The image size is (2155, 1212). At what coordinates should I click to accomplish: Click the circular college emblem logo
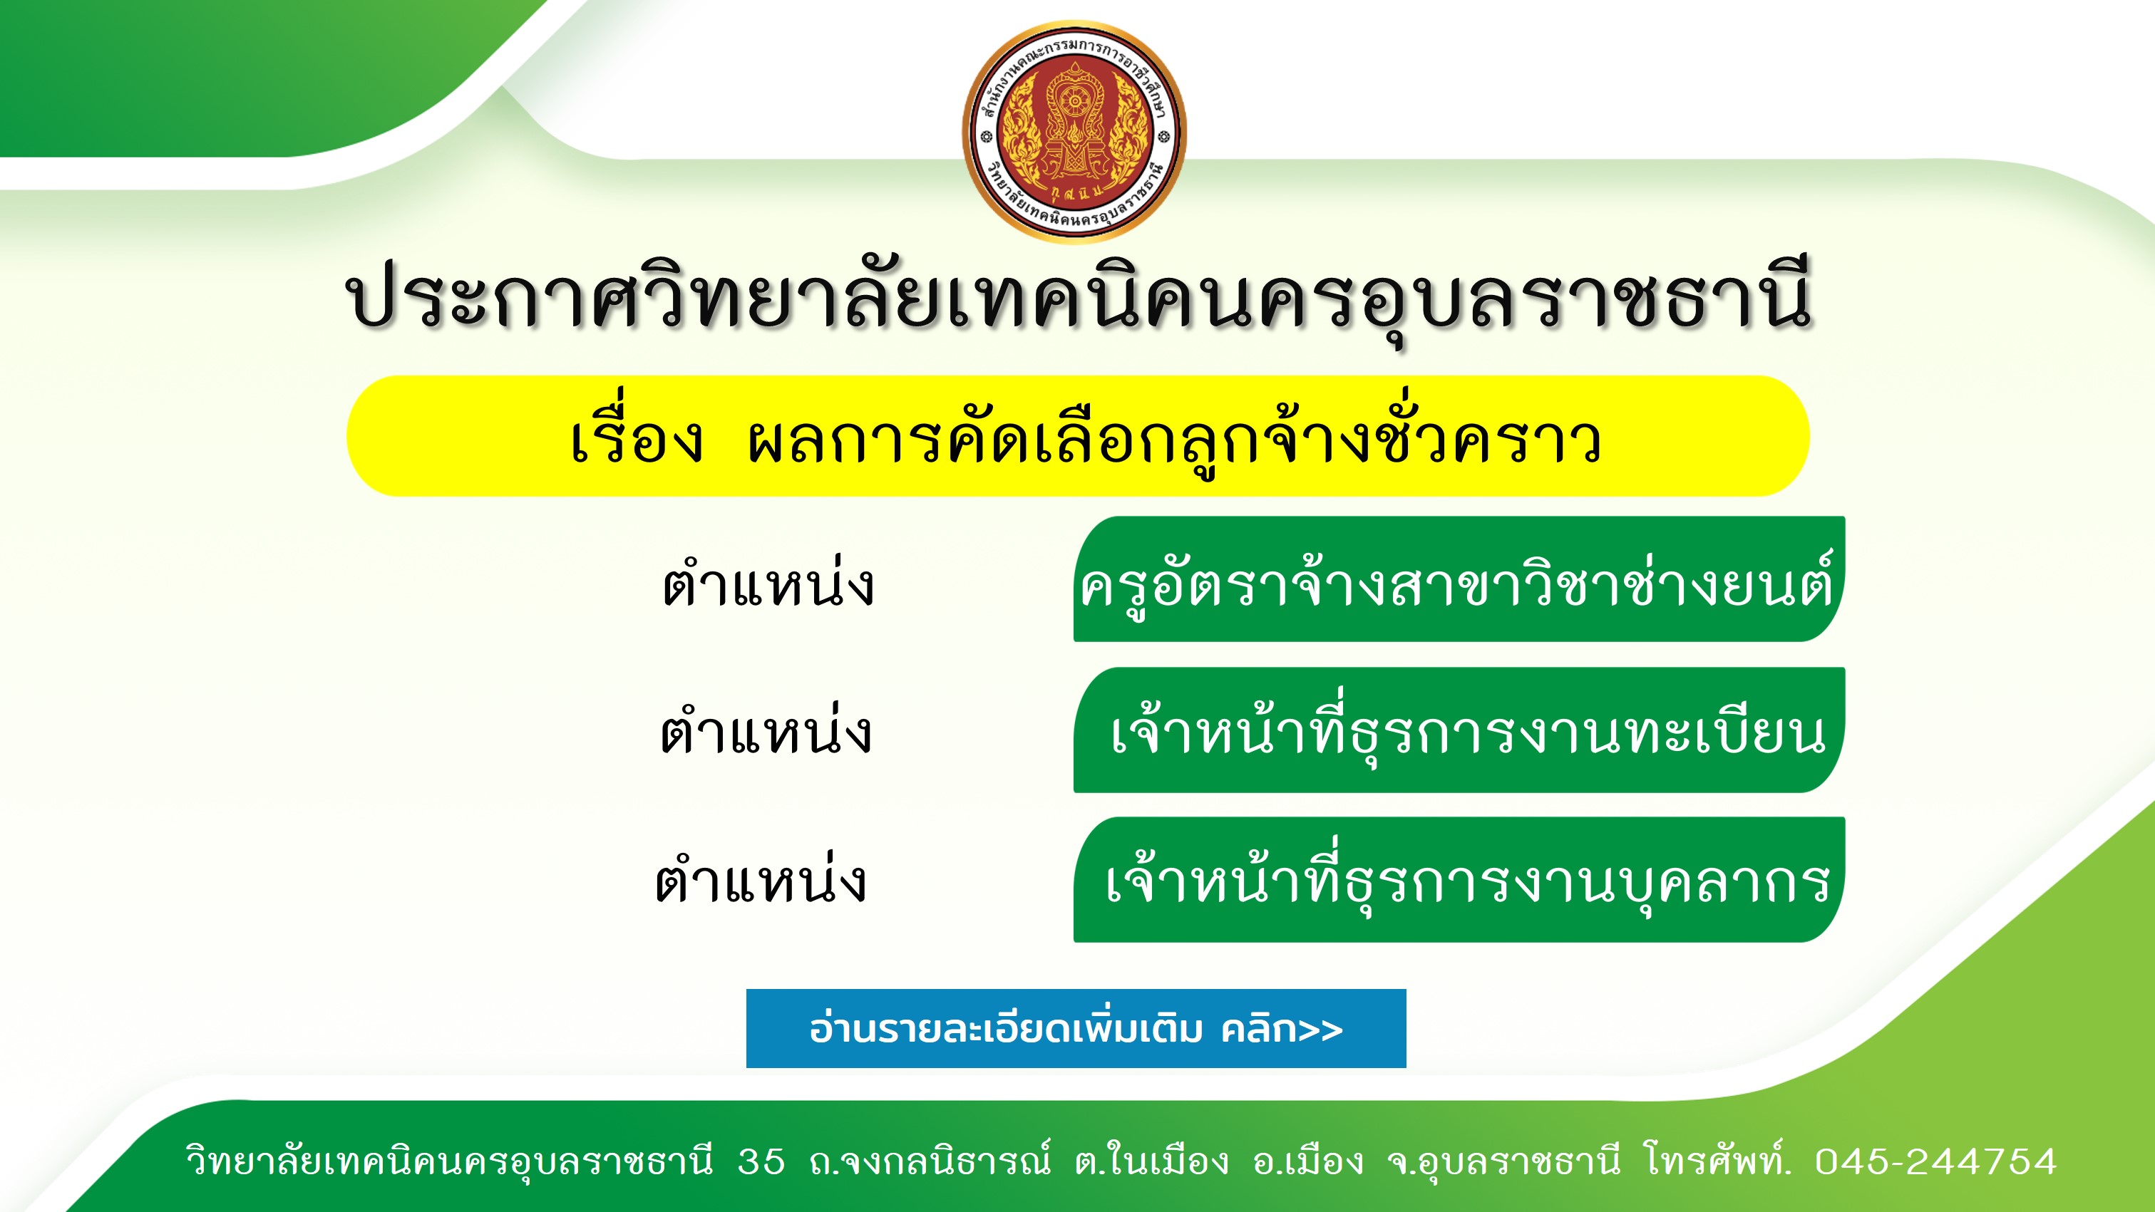(x=1074, y=132)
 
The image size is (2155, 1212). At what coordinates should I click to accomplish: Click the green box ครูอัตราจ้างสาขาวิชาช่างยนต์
(x=1459, y=579)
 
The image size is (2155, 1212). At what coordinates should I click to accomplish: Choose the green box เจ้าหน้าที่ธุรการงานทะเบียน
(x=1459, y=730)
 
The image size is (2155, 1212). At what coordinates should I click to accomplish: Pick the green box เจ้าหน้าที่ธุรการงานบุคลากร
(x=1459, y=880)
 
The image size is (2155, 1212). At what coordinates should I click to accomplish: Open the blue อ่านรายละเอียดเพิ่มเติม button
(x=1076, y=1028)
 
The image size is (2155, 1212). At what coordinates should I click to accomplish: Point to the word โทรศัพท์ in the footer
(x=1717, y=1159)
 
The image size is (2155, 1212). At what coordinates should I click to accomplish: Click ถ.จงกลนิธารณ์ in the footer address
(x=930, y=1159)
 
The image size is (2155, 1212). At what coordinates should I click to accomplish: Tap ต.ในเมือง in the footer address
(x=1152, y=1159)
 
